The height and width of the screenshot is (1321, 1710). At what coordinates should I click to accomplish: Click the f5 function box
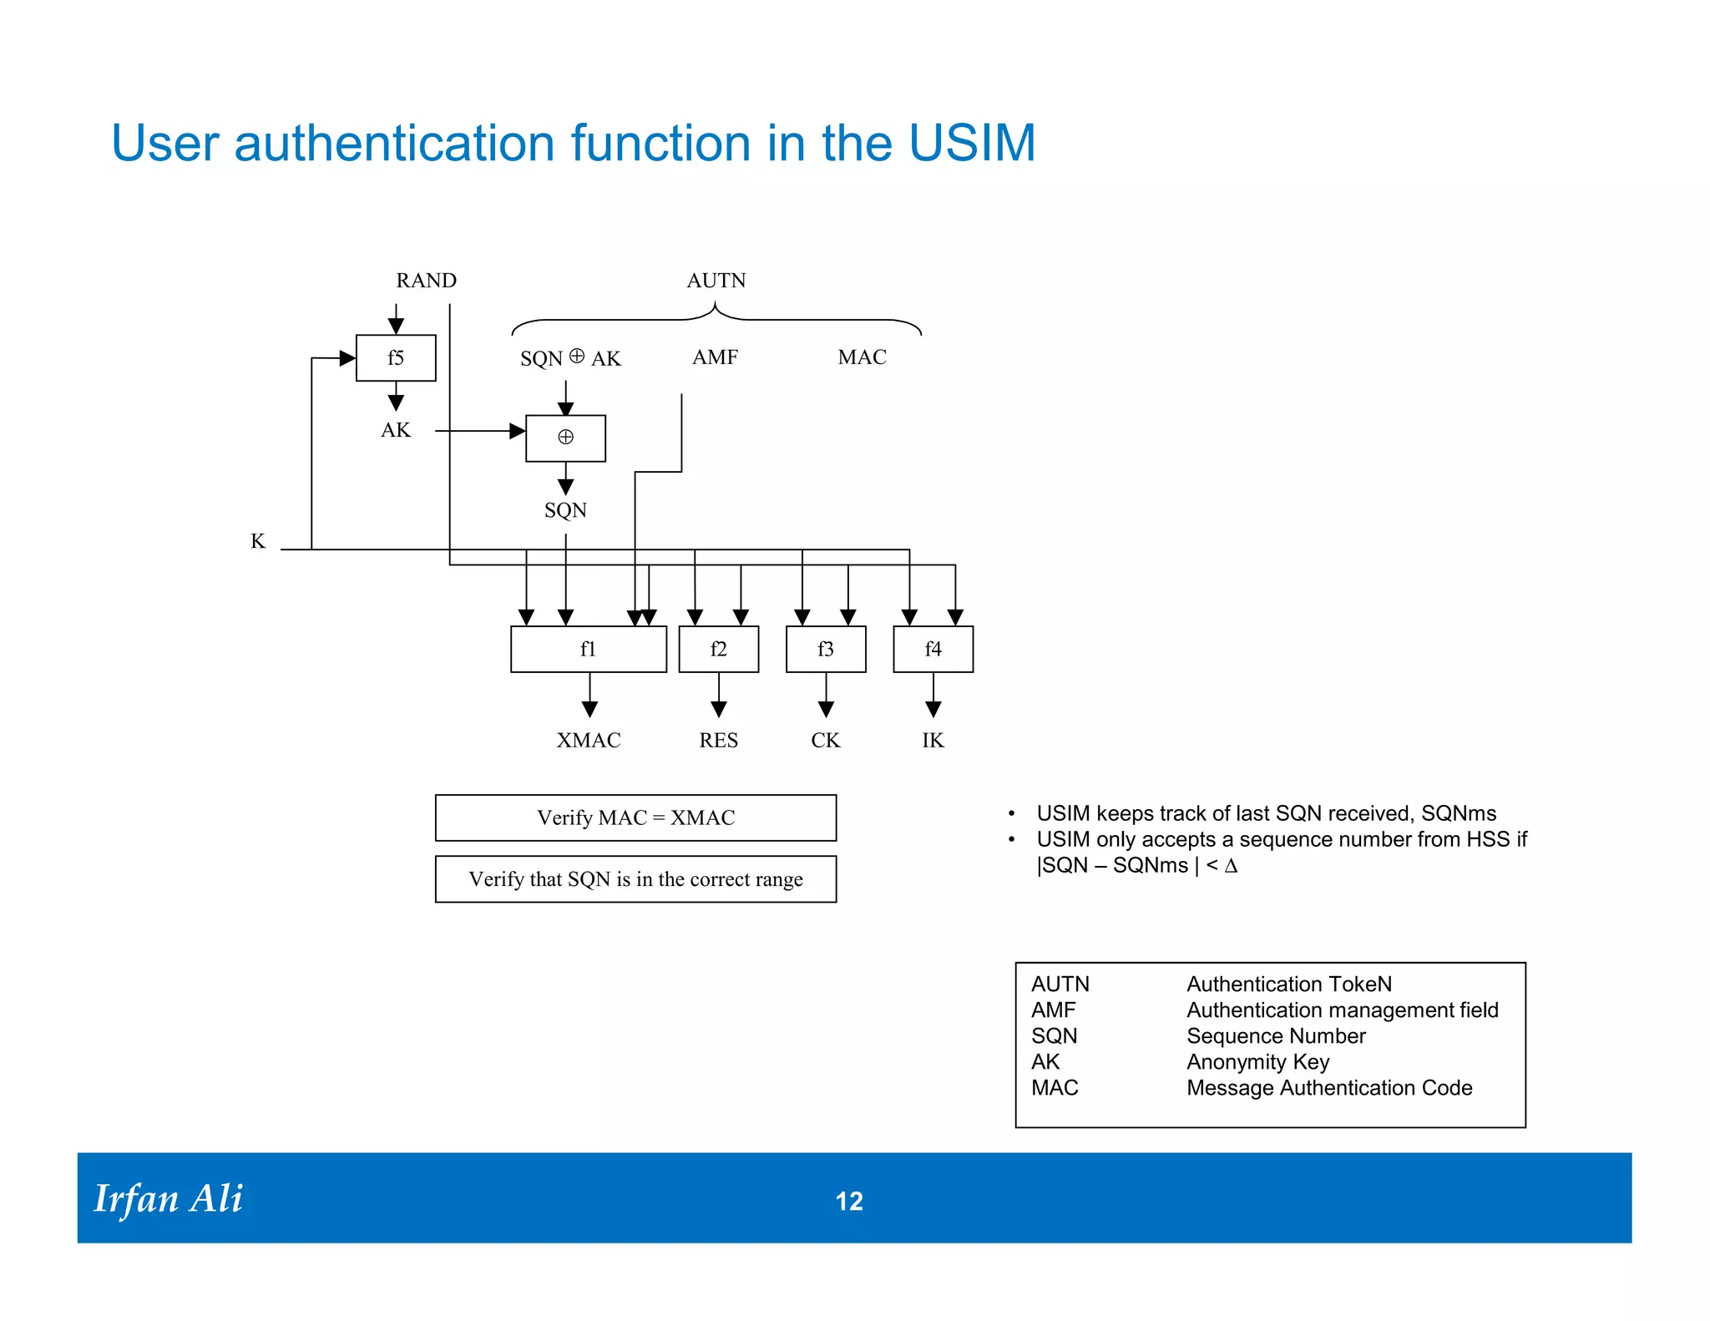(396, 358)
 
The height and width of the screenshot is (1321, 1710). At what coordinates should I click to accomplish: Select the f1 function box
(589, 649)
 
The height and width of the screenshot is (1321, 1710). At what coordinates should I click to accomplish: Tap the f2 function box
(719, 649)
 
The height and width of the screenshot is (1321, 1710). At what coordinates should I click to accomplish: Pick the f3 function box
(826, 649)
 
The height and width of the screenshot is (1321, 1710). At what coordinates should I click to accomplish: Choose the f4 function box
(933, 649)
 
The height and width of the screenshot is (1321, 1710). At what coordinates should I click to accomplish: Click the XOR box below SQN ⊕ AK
(565, 438)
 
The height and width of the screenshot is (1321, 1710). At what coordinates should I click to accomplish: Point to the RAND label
(426, 281)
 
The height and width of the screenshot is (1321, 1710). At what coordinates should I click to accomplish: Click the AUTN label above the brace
(716, 281)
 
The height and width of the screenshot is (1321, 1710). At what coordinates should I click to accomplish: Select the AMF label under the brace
(716, 357)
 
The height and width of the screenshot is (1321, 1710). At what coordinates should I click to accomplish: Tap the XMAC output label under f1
(589, 741)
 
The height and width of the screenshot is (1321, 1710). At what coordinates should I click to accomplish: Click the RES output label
(719, 741)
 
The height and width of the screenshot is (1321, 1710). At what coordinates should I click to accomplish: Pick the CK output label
(826, 741)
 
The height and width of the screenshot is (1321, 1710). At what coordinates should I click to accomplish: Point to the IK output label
(933, 741)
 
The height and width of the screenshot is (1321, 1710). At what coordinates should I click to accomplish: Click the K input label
(258, 542)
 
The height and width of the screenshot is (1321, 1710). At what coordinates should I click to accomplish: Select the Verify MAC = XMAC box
(635, 818)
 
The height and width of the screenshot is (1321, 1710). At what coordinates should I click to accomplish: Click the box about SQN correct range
(635, 879)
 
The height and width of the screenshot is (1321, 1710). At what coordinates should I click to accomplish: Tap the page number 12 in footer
(849, 1201)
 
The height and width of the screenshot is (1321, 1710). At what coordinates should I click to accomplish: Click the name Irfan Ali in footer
(168, 1199)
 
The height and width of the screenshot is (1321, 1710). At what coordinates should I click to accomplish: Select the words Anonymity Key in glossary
(1257, 1062)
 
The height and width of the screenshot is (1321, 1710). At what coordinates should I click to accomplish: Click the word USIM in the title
(972, 143)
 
